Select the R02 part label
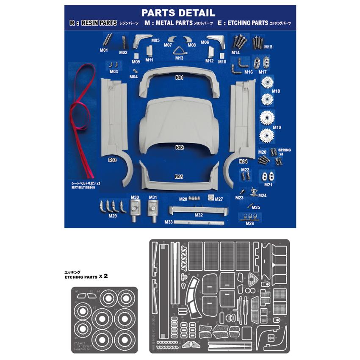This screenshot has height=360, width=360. tap(179, 148)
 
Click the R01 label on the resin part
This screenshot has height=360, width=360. tap(179, 78)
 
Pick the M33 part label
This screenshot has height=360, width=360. tap(168, 222)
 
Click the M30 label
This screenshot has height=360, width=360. tap(135, 197)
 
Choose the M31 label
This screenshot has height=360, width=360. tap(153, 197)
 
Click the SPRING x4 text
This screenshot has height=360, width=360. tap(284, 152)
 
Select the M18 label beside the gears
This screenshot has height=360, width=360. tap(276, 91)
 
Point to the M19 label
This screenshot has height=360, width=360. tap(277, 127)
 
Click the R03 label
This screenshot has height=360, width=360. tap(112, 160)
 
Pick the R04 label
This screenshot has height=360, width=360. tap(243, 161)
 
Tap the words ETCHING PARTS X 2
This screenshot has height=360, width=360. tap(84, 276)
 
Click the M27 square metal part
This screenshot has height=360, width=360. tap(211, 198)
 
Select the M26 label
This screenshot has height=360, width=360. tap(250, 223)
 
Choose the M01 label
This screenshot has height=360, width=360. tap(104, 50)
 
